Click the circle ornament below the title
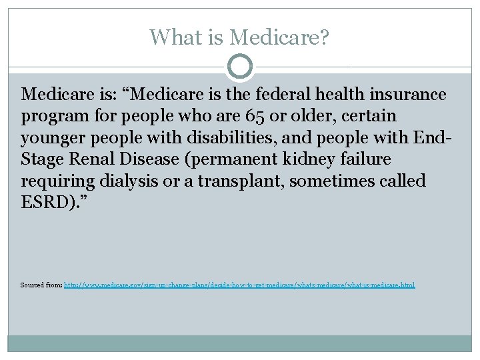(x=240, y=67)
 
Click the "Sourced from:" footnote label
(x=41, y=285)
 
